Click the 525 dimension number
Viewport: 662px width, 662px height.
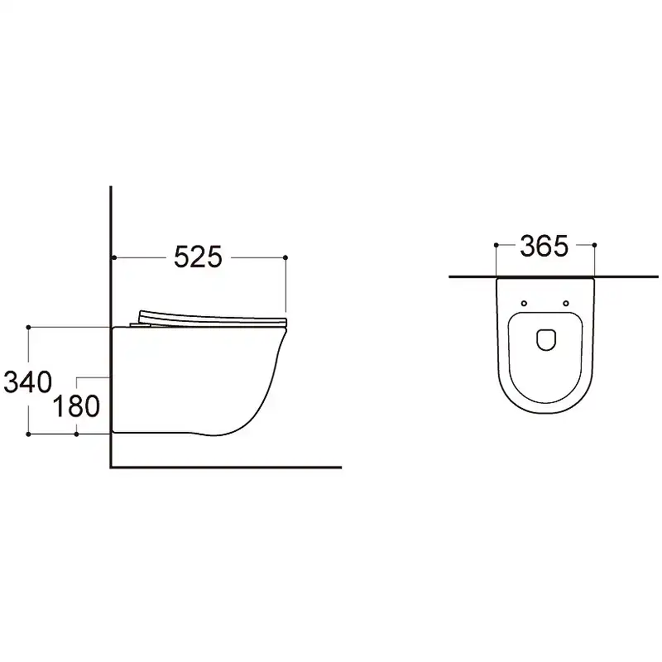[198, 257]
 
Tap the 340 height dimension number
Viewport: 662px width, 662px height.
[28, 382]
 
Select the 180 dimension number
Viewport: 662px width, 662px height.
[76, 406]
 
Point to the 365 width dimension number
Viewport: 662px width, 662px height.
[544, 246]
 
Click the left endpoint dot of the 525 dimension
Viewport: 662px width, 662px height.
[114, 257]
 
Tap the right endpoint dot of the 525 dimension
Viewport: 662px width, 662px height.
[285, 257]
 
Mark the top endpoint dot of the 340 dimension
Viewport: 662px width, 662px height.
[28, 327]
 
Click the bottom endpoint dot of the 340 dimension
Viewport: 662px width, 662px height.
[28, 434]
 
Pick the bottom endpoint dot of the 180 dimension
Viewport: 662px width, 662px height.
[76, 434]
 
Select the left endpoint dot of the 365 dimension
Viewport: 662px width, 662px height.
[496, 245]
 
